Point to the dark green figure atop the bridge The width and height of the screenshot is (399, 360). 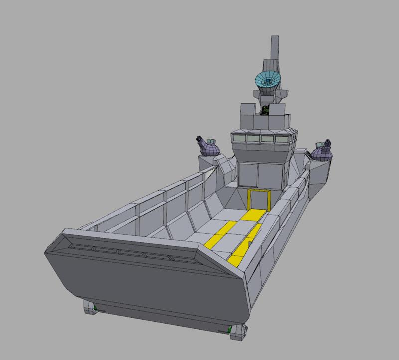pos(266,110)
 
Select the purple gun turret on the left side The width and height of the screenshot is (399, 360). pos(210,148)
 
